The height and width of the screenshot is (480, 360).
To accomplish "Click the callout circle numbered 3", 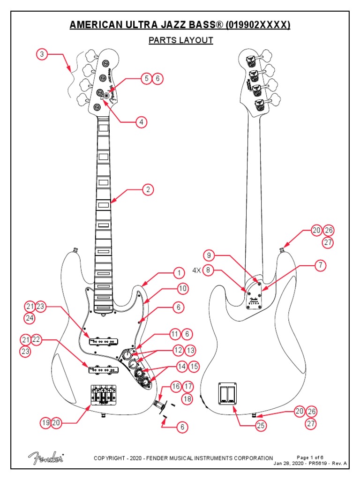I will coord(42,54).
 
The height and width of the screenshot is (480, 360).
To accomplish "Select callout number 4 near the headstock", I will coord(140,122).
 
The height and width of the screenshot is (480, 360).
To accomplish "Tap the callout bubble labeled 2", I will coord(148,190).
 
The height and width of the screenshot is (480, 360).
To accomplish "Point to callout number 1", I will coord(178,273).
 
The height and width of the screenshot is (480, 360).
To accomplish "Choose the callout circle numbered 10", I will coord(182,289).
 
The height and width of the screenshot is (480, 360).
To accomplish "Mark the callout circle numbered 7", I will coord(320,266).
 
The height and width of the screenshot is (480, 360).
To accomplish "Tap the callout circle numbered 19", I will coord(45,423).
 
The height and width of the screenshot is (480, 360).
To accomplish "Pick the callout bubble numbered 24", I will coord(30,319).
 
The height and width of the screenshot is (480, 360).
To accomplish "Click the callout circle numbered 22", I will coord(36,340).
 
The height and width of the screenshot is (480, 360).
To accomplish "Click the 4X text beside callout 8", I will coord(195,270).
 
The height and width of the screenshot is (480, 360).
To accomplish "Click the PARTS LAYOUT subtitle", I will coord(180,40).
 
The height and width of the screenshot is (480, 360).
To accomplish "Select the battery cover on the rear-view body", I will coord(227,393).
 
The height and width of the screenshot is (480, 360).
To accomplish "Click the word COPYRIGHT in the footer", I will coord(111,458).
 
